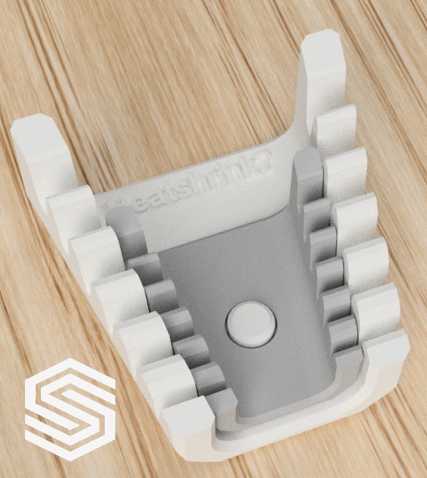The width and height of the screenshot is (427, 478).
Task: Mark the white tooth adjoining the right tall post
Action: point(335,130)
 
